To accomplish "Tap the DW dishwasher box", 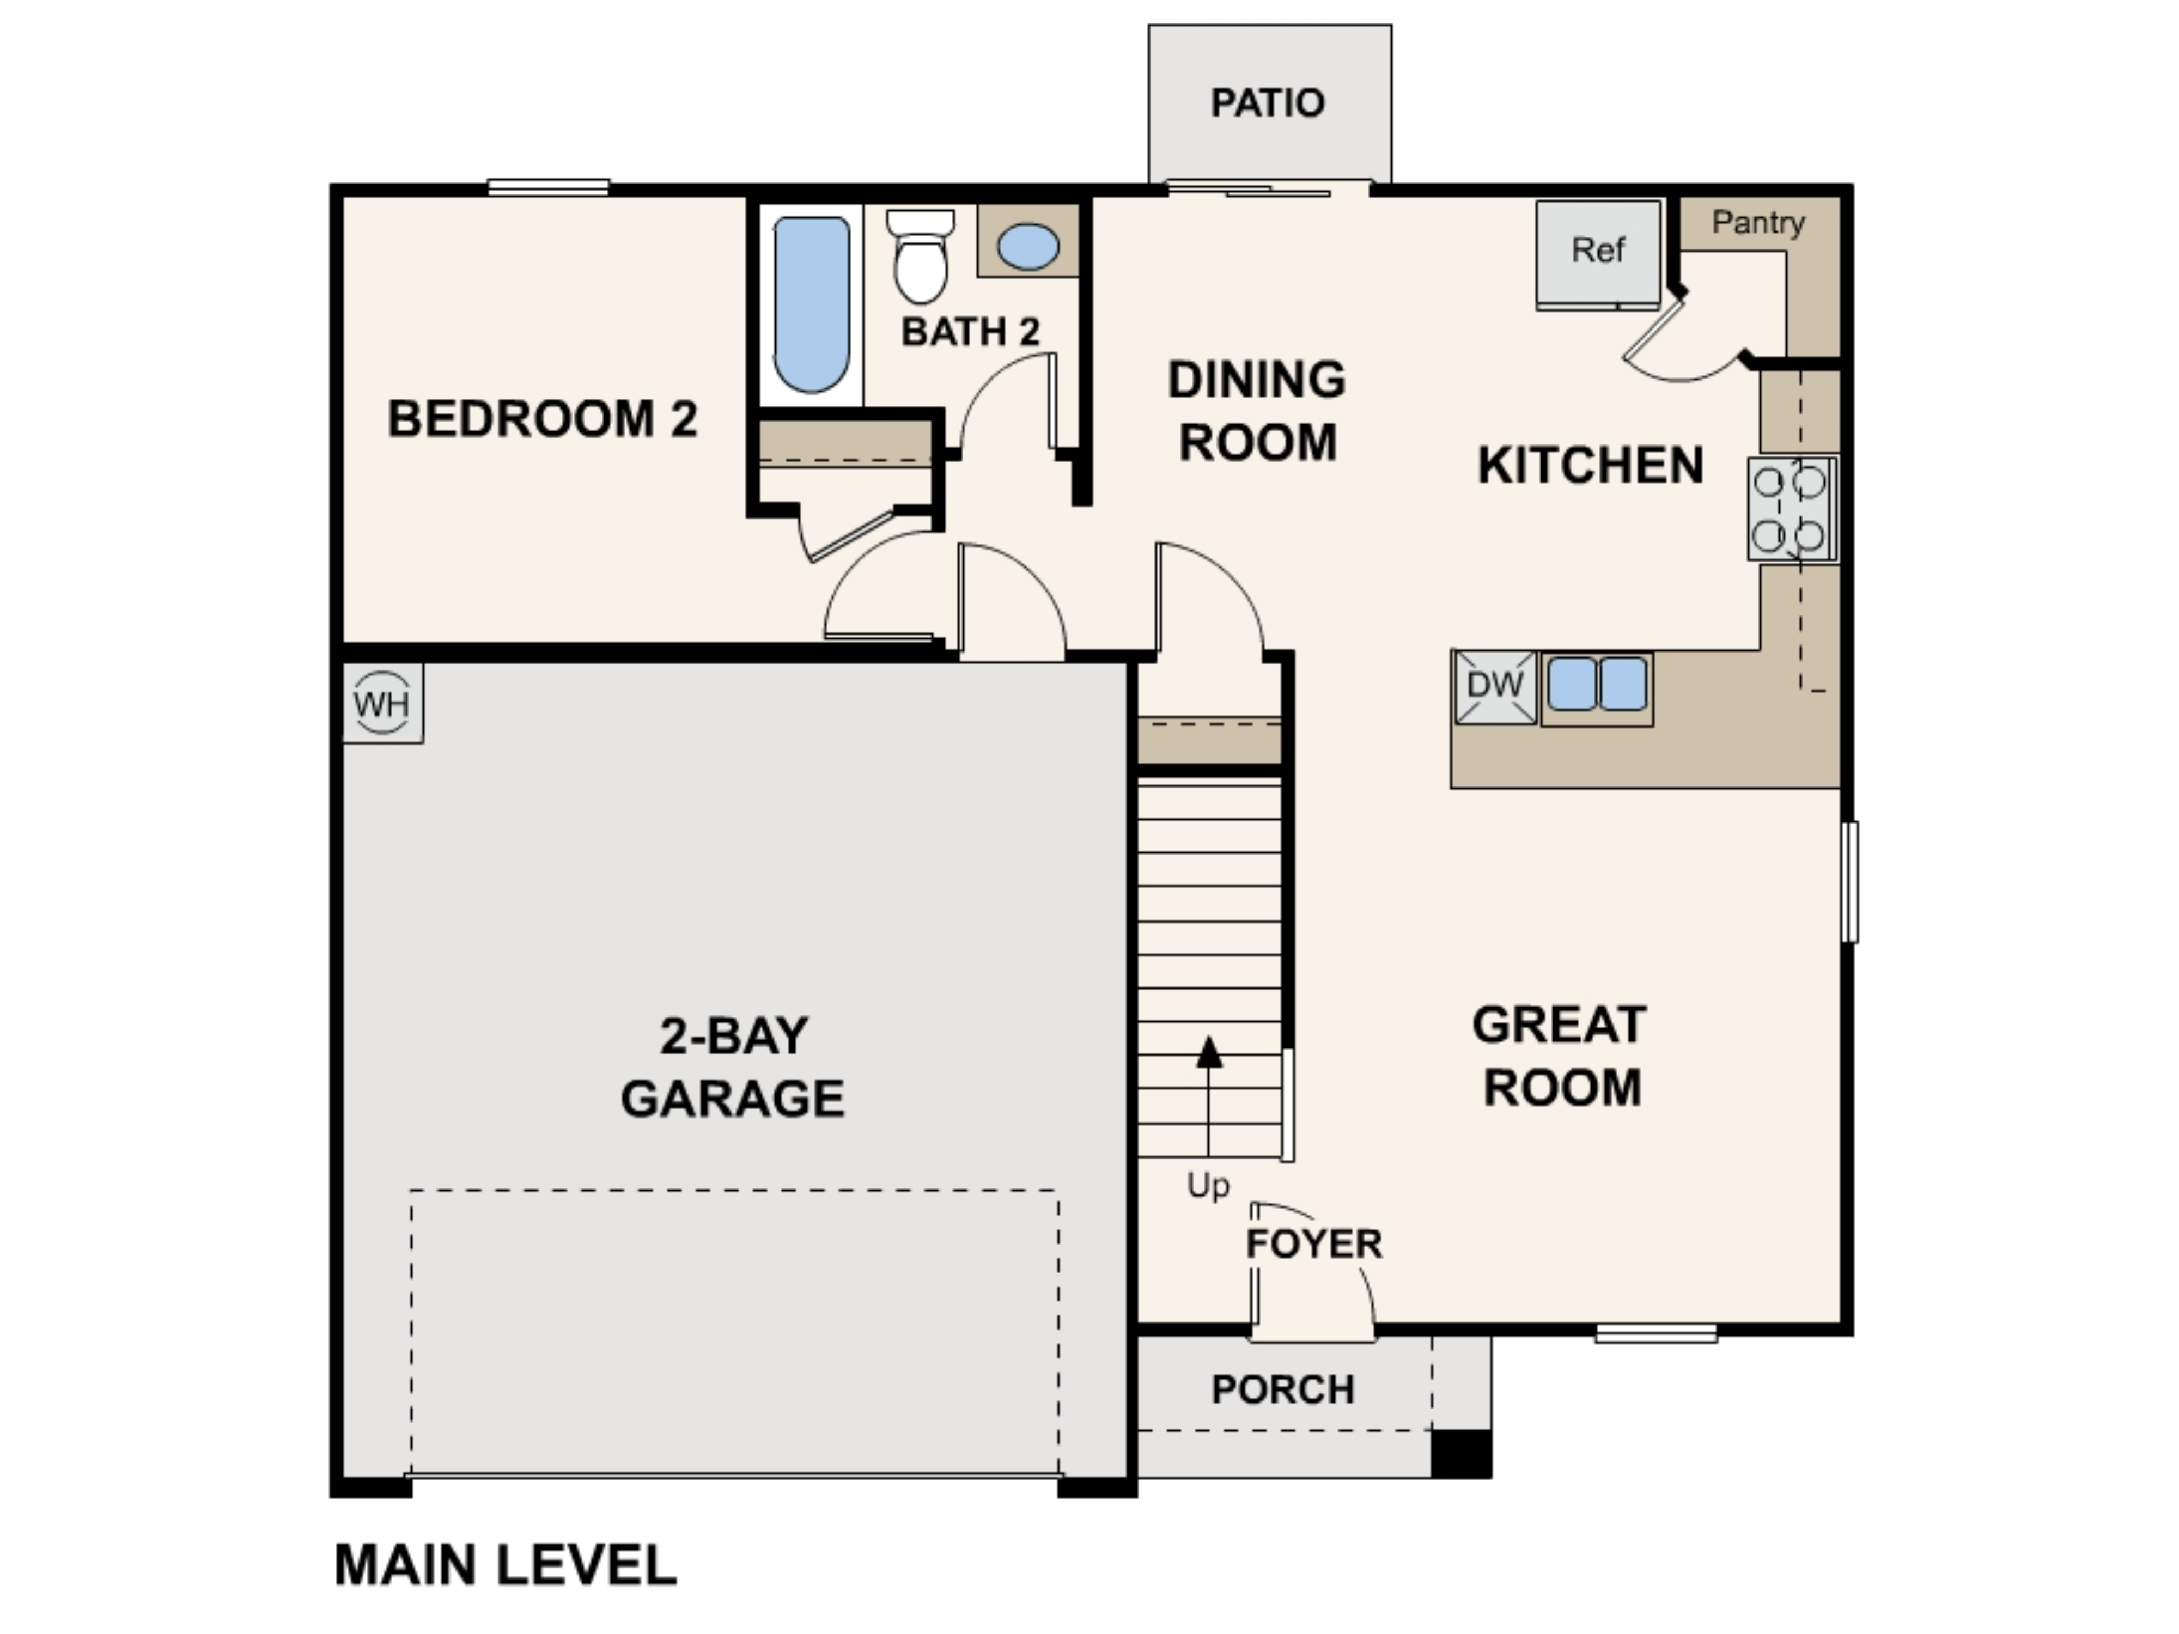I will tap(1494, 686).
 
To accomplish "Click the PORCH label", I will tap(1282, 1390).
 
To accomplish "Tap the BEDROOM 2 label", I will tap(543, 419).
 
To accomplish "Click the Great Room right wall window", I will tap(1850, 881).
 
